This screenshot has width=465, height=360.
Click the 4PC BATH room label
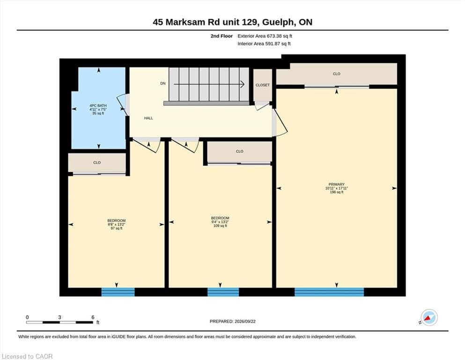(x=98, y=109)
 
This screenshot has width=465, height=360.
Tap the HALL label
(x=148, y=118)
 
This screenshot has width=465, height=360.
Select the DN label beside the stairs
(x=163, y=83)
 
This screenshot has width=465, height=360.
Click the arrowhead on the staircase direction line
(x=242, y=84)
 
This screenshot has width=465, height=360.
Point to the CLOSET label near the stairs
(x=263, y=85)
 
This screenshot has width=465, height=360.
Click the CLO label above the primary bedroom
(x=337, y=74)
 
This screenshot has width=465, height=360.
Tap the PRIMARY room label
(x=337, y=188)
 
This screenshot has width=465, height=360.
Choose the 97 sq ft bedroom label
(x=117, y=225)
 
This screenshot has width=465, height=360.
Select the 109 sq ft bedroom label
(x=220, y=222)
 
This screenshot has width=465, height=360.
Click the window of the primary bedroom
(x=329, y=292)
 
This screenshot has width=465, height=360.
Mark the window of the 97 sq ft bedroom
(x=118, y=292)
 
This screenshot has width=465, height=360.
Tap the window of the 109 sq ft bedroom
(x=223, y=292)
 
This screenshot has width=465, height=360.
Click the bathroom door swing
(x=122, y=105)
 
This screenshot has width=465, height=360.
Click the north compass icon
(x=429, y=317)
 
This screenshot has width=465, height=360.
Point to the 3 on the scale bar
(x=59, y=317)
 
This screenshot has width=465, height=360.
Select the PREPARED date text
(x=232, y=321)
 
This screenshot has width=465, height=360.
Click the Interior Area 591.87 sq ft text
(x=264, y=44)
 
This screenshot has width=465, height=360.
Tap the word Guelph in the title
(x=279, y=22)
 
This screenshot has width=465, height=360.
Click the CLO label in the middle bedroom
(x=240, y=151)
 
